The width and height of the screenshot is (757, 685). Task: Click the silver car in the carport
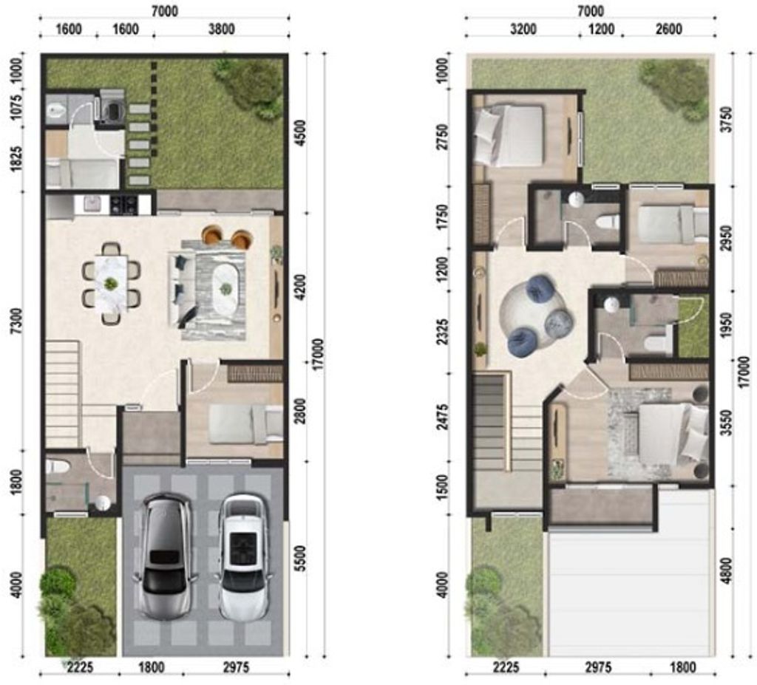pos(165,556)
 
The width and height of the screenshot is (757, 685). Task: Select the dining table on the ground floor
pos(112,283)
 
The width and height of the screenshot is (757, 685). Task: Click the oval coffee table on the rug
pos(225,288)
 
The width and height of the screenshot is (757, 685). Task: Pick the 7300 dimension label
pos(17,321)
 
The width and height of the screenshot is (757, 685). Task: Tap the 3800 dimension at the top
pos(222,30)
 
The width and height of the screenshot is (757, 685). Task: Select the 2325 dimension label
pos(442,331)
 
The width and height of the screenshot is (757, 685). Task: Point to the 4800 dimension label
pos(727,570)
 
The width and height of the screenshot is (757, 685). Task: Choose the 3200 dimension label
pos(523,30)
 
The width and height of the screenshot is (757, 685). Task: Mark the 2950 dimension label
pos(727,238)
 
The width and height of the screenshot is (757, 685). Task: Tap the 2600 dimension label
pos(668,30)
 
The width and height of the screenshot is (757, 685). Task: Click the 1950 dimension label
pos(727,325)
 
